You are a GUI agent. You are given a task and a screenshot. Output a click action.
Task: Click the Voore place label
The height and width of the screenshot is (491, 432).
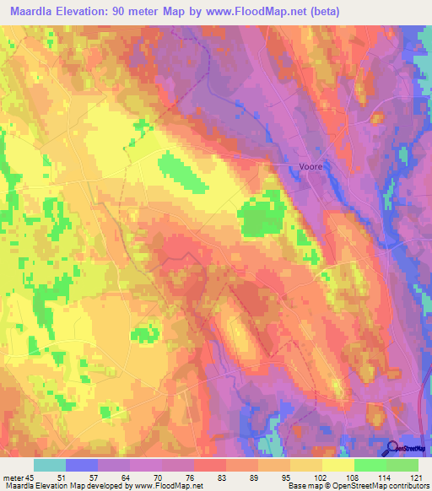pos(311,167)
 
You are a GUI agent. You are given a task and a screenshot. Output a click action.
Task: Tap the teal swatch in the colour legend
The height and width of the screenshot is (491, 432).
pos(50,464)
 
